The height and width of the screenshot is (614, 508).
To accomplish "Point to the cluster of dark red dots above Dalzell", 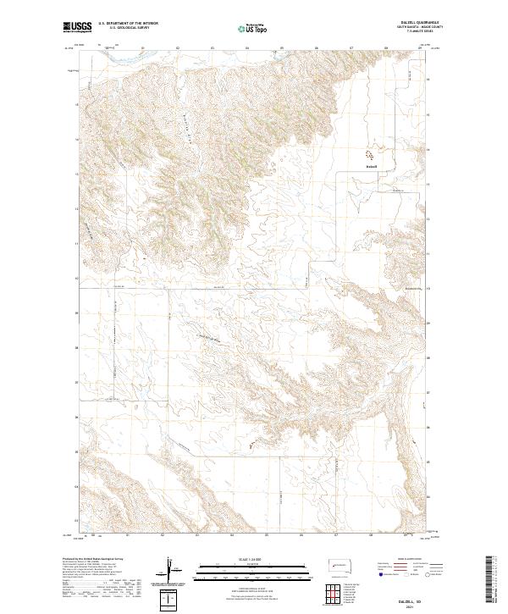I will coord(370,155).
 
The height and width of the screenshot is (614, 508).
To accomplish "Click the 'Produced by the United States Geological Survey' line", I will coord(93,559).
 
